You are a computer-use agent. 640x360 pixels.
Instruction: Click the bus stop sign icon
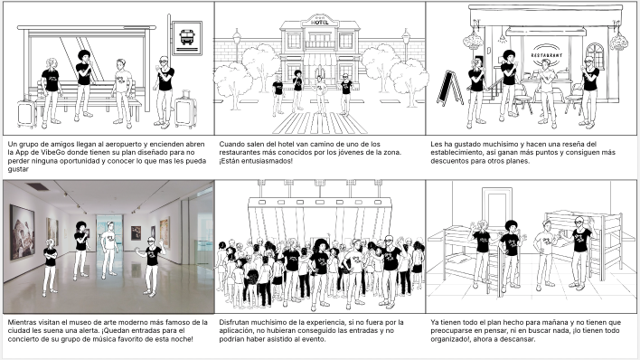(187, 37)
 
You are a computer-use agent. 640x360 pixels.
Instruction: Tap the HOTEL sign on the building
(320, 23)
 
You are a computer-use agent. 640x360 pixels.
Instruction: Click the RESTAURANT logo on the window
(547, 55)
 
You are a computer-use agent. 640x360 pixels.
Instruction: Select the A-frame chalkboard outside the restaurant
(450, 88)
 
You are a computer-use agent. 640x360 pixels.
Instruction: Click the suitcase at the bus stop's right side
(185, 109)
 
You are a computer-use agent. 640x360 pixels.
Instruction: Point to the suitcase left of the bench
(27, 114)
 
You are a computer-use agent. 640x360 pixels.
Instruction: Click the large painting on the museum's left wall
(22, 232)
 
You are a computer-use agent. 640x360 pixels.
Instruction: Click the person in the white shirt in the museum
(109, 250)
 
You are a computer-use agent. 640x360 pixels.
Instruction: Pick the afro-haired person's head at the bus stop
(84, 55)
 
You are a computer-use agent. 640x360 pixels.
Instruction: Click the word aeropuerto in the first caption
(124, 144)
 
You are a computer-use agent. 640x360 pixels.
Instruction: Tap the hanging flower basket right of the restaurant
(619, 41)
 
